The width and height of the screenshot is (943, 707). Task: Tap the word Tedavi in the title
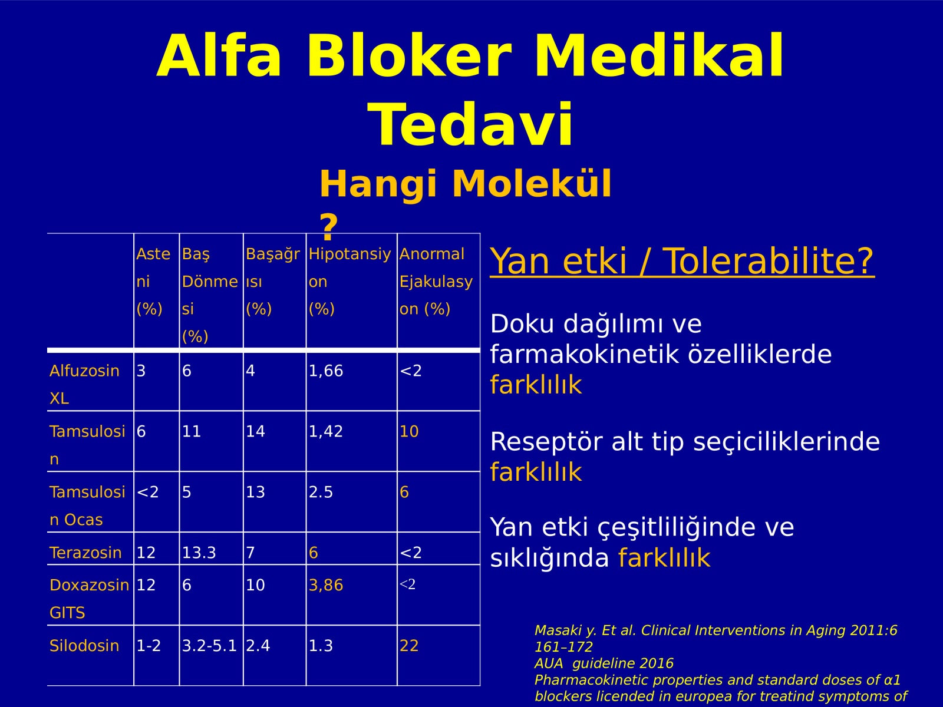(x=470, y=124)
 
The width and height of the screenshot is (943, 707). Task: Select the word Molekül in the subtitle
(x=532, y=184)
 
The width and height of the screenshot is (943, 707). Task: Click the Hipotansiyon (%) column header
(x=349, y=281)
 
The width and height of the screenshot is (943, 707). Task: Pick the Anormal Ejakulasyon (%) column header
(x=436, y=281)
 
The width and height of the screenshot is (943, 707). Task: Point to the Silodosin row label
(x=84, y=646)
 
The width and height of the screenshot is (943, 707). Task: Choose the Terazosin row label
(x=85, y=553)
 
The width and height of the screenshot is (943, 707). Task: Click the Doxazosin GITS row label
(x=89, y=599)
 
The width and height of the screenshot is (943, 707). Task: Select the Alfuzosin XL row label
(x=84, y=384)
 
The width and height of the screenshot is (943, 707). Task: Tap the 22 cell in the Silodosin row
(x=409, y=646)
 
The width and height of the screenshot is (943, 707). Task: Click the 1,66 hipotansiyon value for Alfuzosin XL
(x=326, y=371)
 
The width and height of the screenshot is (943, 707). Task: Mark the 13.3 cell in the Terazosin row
(x=199, y=553)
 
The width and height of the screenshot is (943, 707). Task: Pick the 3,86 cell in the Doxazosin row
(x=326, y=585)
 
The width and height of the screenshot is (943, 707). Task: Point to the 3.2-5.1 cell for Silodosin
(x=209, y=646)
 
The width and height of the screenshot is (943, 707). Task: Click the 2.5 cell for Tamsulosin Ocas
(x=321, y=492)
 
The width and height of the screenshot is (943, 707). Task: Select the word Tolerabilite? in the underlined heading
(x=769, y=261)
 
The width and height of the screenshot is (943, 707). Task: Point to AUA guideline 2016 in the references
(x=604, y=663)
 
